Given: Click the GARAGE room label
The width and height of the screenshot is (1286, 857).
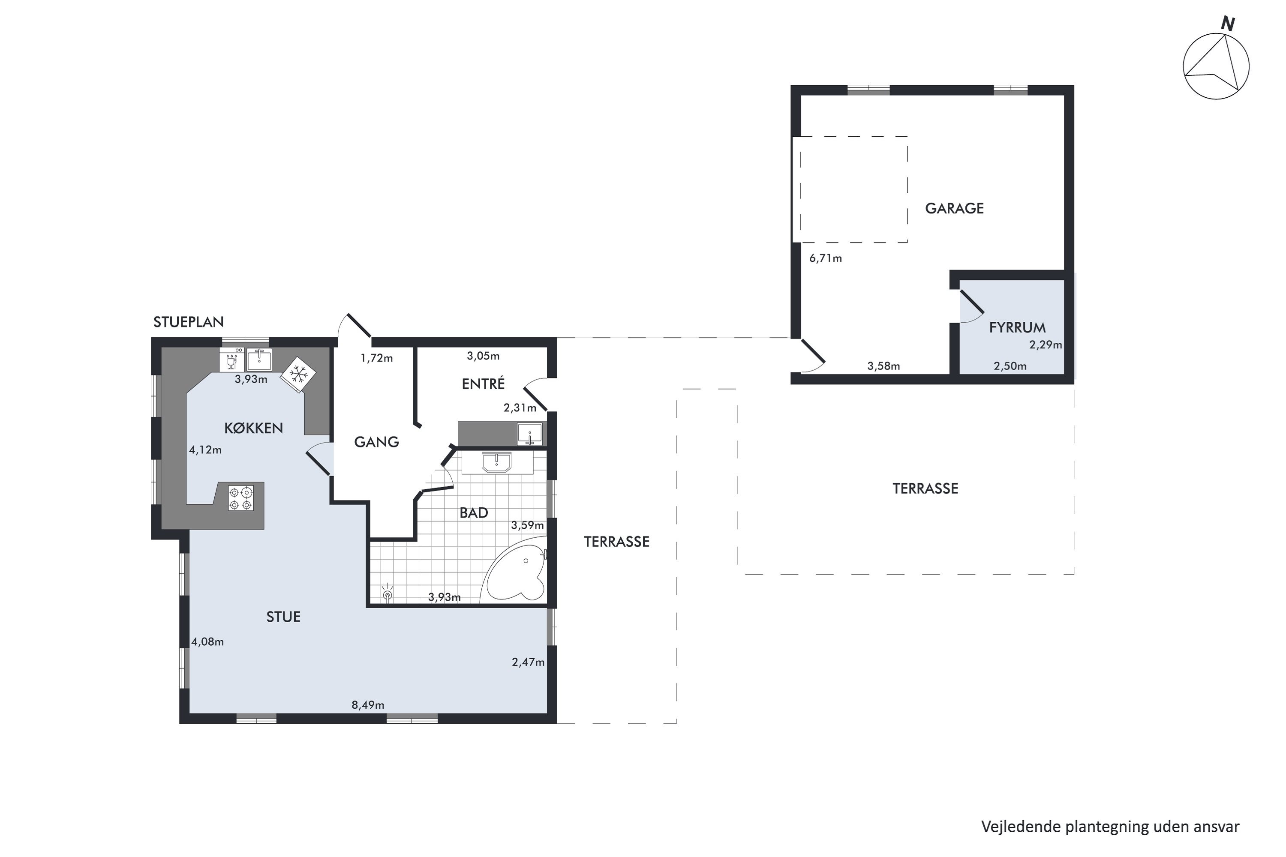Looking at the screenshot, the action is tap(954, 208).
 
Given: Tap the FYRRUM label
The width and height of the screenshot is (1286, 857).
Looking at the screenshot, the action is tap(1017, 327).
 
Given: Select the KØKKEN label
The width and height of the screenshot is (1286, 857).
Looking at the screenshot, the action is tap(254, 428).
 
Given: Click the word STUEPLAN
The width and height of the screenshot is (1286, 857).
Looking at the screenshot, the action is tap(189, 322).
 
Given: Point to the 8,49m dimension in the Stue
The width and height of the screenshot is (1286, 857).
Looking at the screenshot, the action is tap(368, 705).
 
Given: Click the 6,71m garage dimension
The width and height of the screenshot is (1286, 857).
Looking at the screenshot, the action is tap(826, 258).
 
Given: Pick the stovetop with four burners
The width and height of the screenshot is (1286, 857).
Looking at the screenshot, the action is tap(241, 498).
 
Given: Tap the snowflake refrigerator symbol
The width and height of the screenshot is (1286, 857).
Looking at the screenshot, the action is tap(298, 375).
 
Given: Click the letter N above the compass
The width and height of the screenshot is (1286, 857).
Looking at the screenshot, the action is tap(1228, 24).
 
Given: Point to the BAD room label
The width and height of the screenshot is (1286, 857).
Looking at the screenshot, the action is tap(474, 512).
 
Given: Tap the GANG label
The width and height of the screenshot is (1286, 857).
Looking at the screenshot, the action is tap(376, 442).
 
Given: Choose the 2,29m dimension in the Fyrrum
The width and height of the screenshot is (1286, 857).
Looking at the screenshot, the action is tap(1046, 345).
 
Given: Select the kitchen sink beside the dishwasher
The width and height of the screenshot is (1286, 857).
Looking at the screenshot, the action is tap(259, 359).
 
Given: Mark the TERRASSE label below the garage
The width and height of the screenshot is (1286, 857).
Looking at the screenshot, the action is tap(925, 488).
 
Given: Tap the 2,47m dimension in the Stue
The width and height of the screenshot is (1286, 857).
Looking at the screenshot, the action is tap(528, 662).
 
